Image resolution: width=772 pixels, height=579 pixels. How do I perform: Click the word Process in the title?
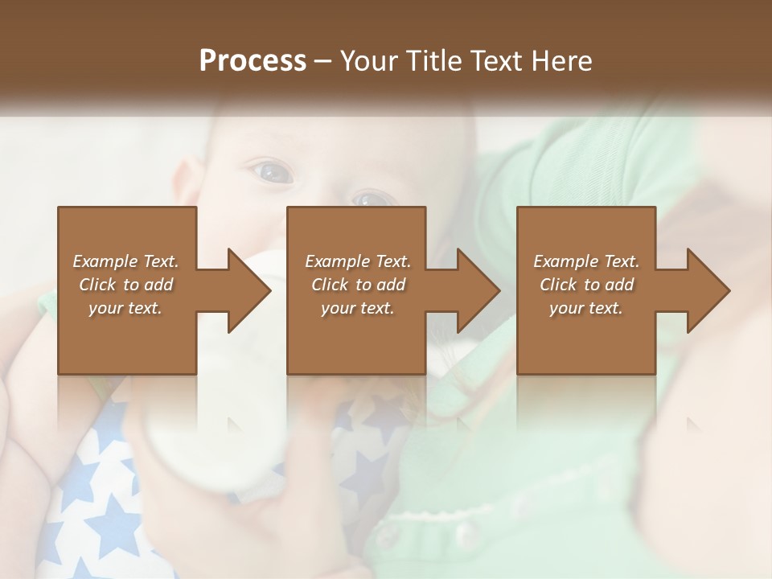(253, 61)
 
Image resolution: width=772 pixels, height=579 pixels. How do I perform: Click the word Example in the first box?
(105, 261)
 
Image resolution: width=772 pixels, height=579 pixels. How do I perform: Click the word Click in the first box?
(97, 285)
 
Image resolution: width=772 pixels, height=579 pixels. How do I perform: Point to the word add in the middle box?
(392, 285)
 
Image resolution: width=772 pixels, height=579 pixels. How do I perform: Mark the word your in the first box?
(105, 308)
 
